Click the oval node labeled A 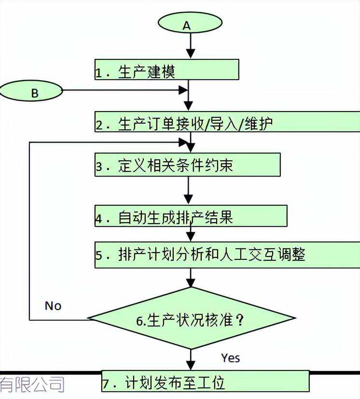pos(190,23)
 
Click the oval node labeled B pos(31,91)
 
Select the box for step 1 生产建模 pos(167,70)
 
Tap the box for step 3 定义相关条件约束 pos(188,165)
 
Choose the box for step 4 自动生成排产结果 pos(191,216)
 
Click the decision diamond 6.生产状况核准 pos(191,318)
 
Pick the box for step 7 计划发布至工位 pos(206,381)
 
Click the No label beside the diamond pos(53,306)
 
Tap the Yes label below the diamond pos(231,358)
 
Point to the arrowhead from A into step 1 pos(191,54)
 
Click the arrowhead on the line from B pos(183,90)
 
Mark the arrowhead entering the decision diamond pos(191,283)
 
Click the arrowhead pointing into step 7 pos(191,365)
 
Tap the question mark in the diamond pos(239,320)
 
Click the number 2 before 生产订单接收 pos(98,125)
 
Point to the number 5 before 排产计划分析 pos(98,255)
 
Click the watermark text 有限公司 pos(32,384)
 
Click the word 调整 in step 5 pos(291,254)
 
